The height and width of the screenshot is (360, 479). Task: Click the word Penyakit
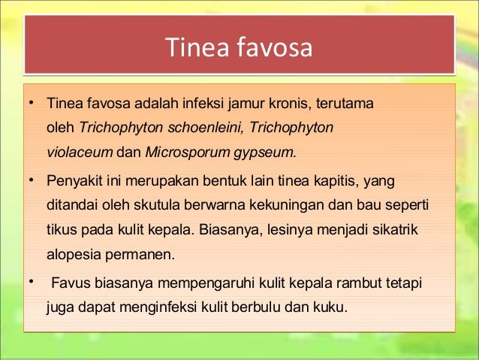pos(73,182)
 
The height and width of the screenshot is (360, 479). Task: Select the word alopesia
pos(74,254)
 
